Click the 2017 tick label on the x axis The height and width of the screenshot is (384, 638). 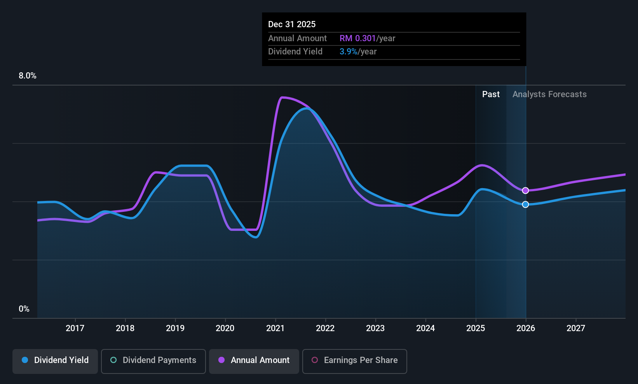pyautogui.click(x=75, y=328)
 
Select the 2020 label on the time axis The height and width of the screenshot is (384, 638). pyautogui.click(x=225, y=328)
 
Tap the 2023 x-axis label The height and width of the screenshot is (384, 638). pyautogui.click(x=375, y=328)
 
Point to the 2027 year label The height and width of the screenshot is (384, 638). pyautogui.click(x=575, y=328)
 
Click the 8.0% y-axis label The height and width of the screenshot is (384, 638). pyautogui.click(x=28, y=76)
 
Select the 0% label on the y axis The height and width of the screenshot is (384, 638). pyautogui.click(x=24, y=309)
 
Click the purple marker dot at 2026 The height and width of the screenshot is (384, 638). pyautogui.click(x=525, y=190)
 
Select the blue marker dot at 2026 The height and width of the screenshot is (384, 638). pyautogui.click(x=525, y=204)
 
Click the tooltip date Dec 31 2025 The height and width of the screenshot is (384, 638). pyautogui.click(x=292, y=24)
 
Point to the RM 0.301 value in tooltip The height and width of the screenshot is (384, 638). pyautogui.click(x=358, y=38)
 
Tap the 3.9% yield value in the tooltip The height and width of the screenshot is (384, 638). pyautogui.click(x=349, y=52)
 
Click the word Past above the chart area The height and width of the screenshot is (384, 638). pyautogui.click(x=491, y=94)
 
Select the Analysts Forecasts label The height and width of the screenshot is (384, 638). pyautogui.click(x=549, y=94)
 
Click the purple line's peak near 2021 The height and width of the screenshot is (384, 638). pyautogui.click(x=282, y=98)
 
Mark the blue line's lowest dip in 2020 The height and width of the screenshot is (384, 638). pyautogui.click(x=256, y=237)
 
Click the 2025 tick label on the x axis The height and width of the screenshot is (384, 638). pyautogui.click(x=476, y=328)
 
